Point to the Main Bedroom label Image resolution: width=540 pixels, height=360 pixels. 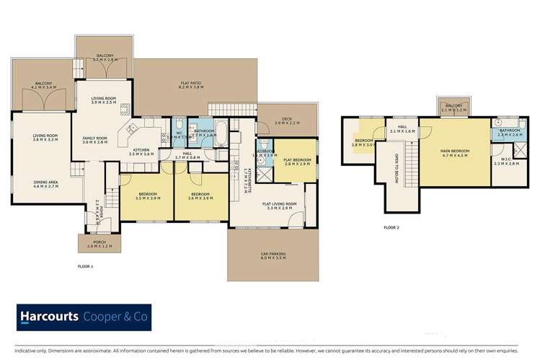[x=455, y=152]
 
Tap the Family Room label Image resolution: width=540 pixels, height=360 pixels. [x=94, y=140]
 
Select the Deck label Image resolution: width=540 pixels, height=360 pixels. [x=287, y=120]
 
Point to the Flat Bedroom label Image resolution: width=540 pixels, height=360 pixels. [x=296, y=161]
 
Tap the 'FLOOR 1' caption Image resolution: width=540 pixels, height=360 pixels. [x=86, y=267]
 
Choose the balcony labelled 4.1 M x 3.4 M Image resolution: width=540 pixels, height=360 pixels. [x=45, y=86]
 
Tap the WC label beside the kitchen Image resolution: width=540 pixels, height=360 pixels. [x=178, y=134]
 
